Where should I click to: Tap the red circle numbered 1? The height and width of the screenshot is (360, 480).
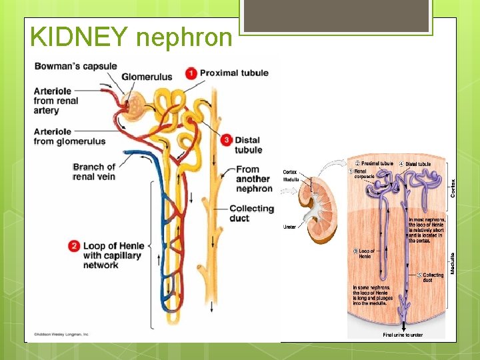pos(191,73)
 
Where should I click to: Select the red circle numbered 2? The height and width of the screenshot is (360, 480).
pos(74,247)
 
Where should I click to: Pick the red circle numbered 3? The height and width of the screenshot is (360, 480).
pos(227,140)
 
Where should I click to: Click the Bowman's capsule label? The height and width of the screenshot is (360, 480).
pos(75,66)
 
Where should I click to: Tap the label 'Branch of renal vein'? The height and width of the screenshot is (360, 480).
pos(94,171)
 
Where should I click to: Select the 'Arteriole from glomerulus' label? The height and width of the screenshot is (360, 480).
pos(69,136)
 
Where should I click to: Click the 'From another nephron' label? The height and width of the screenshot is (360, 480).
pos(253,179)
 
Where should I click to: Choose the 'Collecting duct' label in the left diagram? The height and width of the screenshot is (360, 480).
pos(251,213)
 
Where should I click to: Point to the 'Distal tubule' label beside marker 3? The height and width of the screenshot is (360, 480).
pos(248,145)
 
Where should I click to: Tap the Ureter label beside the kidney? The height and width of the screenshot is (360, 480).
pos(289,227)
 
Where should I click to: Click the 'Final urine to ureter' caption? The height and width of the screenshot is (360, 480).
pos(403,335)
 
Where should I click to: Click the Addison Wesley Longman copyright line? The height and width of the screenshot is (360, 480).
pos(61,333)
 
